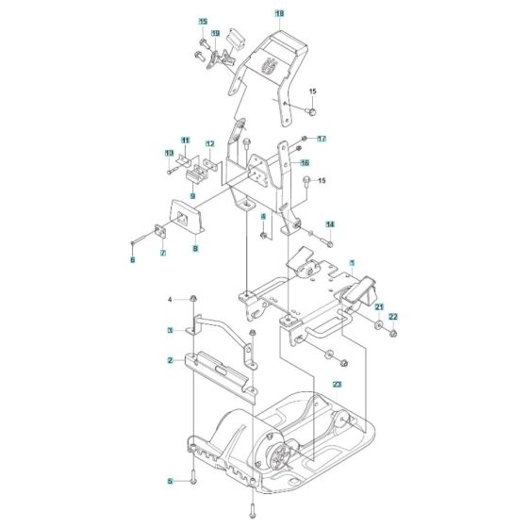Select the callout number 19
point(214,33)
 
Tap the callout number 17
point(321,139)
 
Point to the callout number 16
point(305,162)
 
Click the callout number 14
point(330,224)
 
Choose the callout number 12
point(209,144)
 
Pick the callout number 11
point(186,140)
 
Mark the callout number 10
point(170,153)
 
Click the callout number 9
point(191,196)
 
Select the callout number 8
point(195,249)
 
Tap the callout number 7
point(161,254)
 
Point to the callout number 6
point(133,259)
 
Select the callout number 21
point(378,307)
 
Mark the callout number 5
point(170,481)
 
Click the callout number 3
point(170,330)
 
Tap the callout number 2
point(170,360)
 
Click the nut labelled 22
point(392,331)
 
